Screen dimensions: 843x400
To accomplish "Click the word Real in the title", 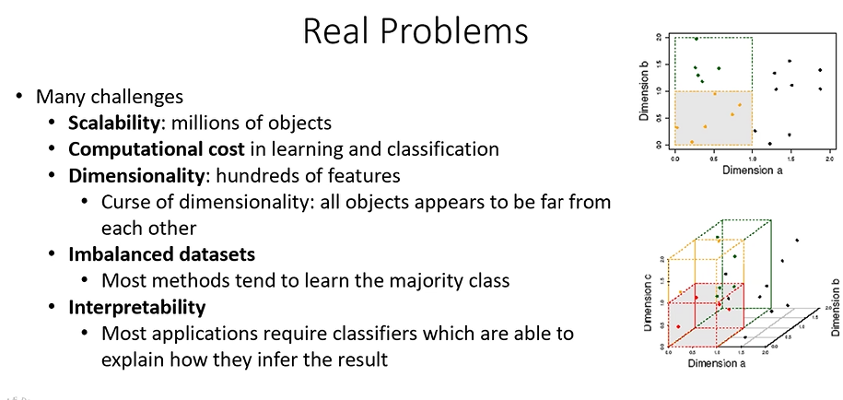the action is point(336,30).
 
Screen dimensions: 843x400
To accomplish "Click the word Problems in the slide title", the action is point(454,30).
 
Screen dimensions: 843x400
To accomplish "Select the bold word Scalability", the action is point(113,124).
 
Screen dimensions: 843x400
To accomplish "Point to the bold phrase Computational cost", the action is point(156,149).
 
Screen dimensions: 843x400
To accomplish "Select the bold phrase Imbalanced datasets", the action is point(162,253).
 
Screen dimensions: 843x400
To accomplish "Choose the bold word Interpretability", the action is point(137,307).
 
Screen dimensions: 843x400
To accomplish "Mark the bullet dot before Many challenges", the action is point(19,97).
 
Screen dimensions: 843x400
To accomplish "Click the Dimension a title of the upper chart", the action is point(752,171).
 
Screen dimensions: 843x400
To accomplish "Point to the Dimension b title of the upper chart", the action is point(645,90).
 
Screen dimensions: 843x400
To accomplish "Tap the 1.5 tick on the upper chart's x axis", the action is point(790,159).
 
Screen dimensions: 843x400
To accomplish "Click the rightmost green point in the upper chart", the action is point(719,68).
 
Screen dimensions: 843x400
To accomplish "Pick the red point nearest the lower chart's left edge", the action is point(678,327).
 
